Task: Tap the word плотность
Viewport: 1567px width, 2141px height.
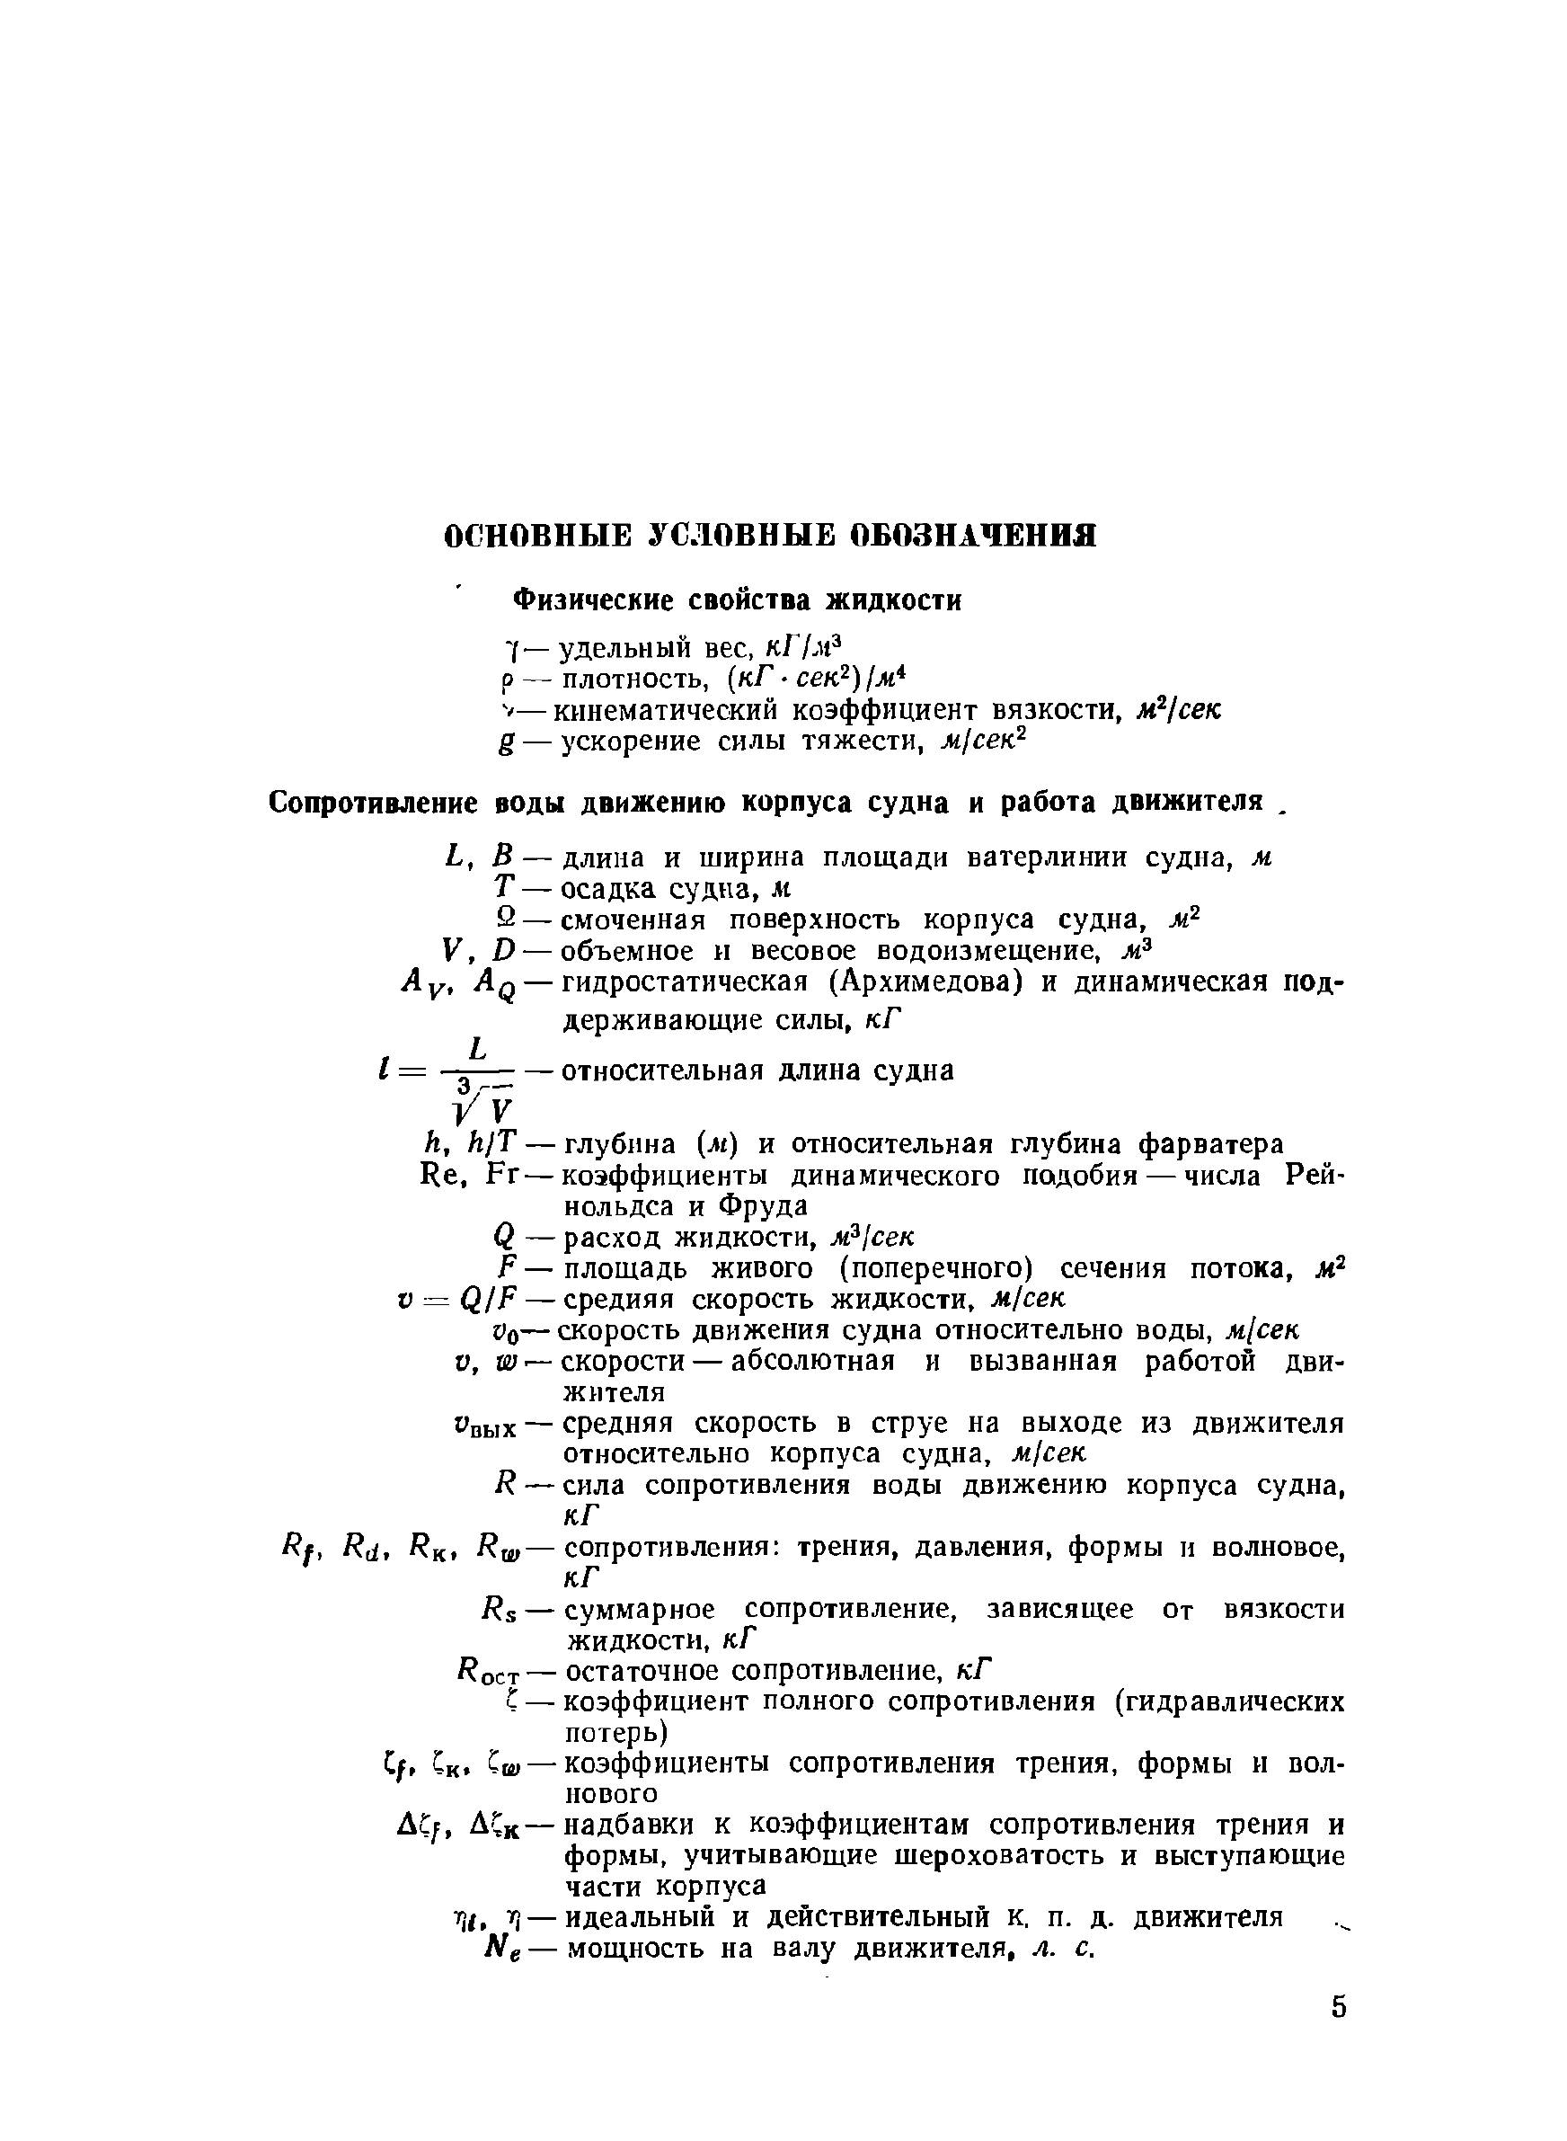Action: click(x=630, y=679)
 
